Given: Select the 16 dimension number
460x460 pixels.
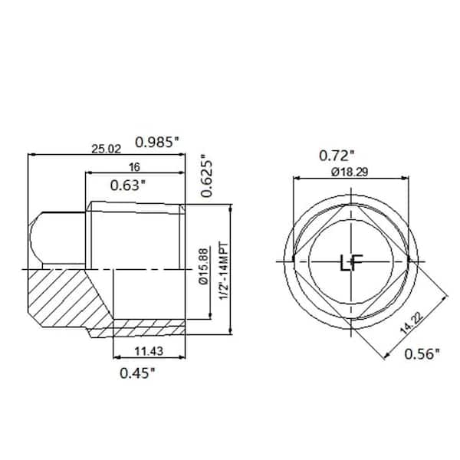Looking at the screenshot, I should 133,166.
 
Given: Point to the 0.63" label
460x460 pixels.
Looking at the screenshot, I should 128,185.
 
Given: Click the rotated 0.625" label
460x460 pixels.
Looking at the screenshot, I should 205,178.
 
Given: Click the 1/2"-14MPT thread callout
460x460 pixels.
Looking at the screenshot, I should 222,271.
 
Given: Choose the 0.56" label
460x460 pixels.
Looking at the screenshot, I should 422,353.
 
